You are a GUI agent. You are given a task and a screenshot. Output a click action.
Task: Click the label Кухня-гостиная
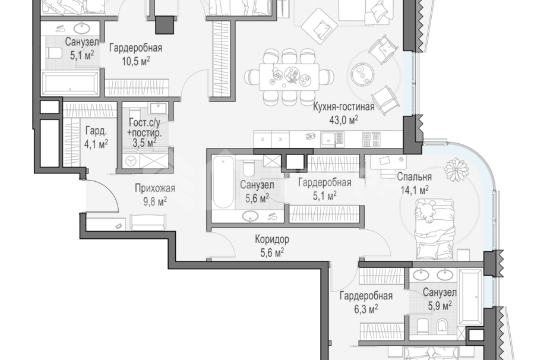tap(344, 107)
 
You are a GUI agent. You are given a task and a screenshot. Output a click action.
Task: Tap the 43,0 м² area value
tap(344, 120)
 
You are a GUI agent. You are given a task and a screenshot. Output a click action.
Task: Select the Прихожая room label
tap(155, 188)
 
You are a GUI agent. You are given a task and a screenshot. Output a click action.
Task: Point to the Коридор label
tap(272, 239)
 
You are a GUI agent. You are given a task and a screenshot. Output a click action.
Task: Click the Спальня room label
tap(414, 176)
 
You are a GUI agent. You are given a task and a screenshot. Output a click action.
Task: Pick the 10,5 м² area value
tap(136, 61)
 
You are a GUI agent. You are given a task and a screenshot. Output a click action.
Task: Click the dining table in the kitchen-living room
tap(289, 77)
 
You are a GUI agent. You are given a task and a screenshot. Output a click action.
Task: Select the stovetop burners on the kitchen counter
tap(371, 139)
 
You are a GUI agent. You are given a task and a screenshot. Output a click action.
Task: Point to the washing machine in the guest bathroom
tap(131, 161)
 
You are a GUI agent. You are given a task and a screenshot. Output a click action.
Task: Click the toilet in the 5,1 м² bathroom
tap(53, 53)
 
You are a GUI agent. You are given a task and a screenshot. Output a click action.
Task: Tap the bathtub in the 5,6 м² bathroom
tap(223, 182)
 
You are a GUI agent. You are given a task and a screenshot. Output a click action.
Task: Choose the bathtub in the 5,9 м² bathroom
tap(470, 297)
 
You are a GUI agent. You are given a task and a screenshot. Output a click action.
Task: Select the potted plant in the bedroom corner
tap(456, 170)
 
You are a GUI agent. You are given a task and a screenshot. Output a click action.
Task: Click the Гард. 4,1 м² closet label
tap(96, 138)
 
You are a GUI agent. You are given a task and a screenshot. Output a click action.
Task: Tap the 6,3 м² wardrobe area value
tap(366, 309)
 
